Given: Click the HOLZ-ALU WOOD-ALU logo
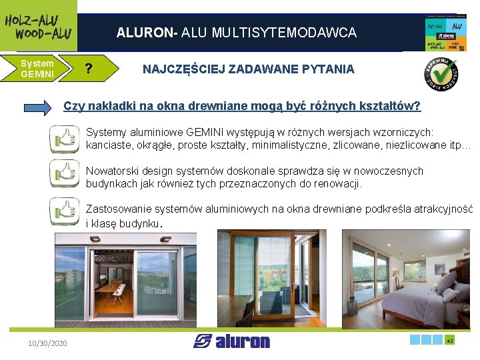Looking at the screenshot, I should [x=38, y=25].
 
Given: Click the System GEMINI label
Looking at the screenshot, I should [x=37, y=69].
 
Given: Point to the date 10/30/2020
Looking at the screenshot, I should [x=47, y=343].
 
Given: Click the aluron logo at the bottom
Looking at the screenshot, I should [x=232, y=341].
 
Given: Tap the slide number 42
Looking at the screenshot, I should [x=450, y=340].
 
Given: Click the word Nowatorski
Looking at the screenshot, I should [x=111, y=171].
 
